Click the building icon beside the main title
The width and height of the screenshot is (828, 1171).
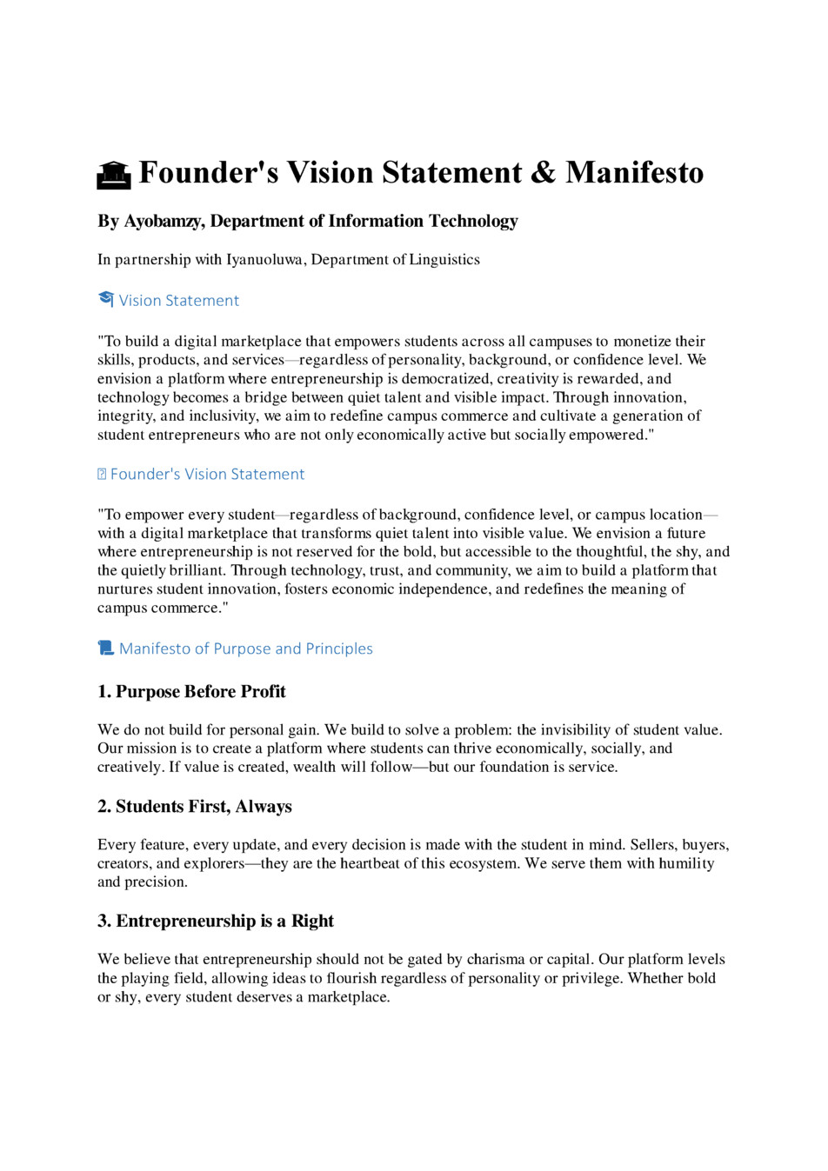tap(113, 175)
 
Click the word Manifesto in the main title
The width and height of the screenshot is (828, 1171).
tap(634, 172)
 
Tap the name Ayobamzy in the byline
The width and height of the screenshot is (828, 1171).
tap(164, 221)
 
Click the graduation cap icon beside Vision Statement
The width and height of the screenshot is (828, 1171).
tap(106, 300)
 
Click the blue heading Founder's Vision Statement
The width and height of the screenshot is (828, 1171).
tap(207, 474)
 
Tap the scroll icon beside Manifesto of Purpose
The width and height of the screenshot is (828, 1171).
tap(106, 649)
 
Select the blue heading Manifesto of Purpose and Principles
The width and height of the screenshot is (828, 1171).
tap(246, 649)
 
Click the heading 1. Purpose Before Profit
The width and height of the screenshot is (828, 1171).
tap(191, 691)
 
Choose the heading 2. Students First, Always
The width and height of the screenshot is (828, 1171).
tap(195, 806)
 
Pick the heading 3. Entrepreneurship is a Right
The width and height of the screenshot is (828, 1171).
tap(216, 921)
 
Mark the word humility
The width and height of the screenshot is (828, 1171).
tap(686, 863)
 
